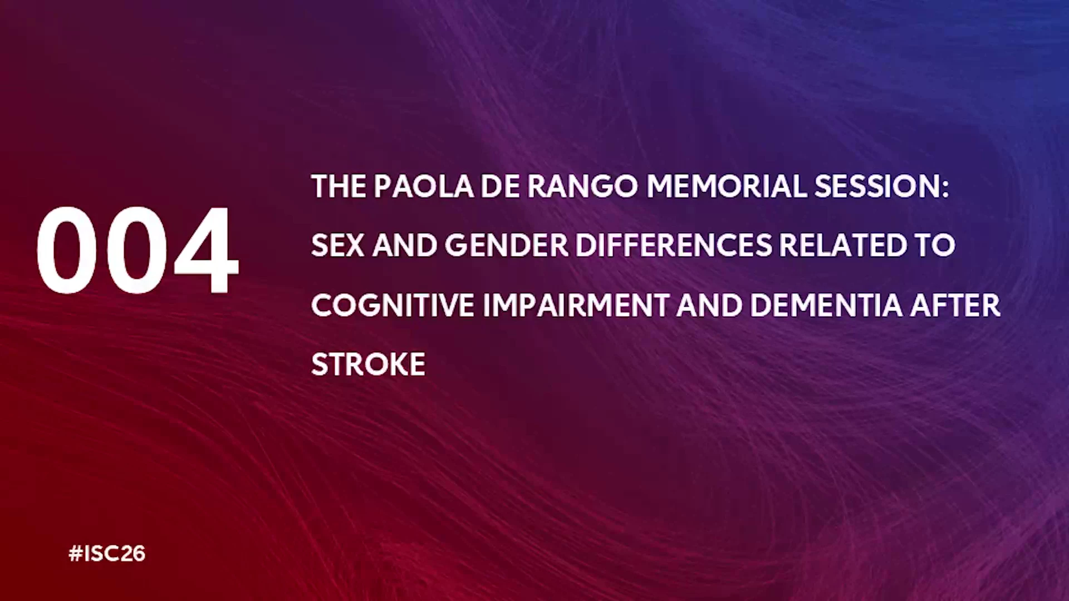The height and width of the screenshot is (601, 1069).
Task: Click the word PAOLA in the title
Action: pos(423,186)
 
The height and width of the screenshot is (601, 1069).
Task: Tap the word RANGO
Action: pos(582,186)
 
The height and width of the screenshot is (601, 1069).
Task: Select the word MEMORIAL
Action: pos(727,186)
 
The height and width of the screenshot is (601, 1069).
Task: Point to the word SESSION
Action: pos(877,186)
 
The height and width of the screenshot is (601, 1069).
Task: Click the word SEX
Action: pos(337,245)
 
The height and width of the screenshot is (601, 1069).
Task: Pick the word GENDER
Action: pos(506,245)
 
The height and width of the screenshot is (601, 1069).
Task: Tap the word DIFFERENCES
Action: pos(674,245)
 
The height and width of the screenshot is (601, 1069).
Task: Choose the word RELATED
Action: pos(843,245)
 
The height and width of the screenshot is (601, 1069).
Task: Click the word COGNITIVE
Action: pos(393,306)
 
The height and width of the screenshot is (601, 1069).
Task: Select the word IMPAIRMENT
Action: pos(576,306)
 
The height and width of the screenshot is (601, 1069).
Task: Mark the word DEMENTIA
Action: pos(826,306)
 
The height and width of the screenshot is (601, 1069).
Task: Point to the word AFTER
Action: pos(955,306)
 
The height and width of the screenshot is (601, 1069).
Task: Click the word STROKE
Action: pos(368,364)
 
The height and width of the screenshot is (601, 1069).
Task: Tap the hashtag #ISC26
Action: pos(107,554)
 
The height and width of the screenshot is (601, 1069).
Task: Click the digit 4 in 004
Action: pos(206,250)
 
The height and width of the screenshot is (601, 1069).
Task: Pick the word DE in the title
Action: pos(500,186)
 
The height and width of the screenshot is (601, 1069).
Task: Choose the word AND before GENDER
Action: pos(404,245)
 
